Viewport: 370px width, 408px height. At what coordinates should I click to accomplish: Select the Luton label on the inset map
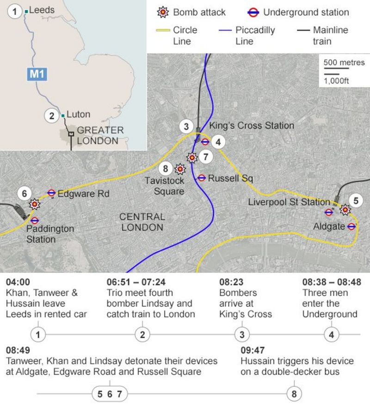point(78,114)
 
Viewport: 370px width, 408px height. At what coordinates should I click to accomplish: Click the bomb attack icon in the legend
point(162,12)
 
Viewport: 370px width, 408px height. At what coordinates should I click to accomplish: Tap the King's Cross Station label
point(251,125)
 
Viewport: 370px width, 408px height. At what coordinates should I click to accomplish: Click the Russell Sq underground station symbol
point(202,178)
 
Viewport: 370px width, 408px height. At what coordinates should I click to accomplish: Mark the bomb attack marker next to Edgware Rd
point(34,204)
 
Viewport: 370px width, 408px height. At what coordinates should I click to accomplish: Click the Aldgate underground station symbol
point(351,227)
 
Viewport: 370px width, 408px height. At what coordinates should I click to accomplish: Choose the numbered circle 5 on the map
point(356,201)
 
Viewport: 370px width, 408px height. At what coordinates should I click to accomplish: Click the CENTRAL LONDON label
point(142,222)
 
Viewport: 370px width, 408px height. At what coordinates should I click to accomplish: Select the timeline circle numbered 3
point(241,334)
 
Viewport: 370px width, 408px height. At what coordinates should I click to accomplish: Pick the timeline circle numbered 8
point(294,394)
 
